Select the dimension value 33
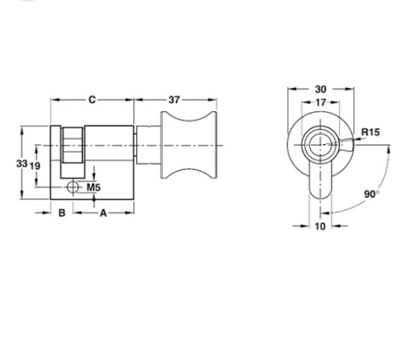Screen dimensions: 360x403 coord(23,164)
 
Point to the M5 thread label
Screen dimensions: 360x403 coord(93,188)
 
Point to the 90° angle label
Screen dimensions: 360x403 coord(371,194)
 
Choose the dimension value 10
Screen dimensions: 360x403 coord(319,227)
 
